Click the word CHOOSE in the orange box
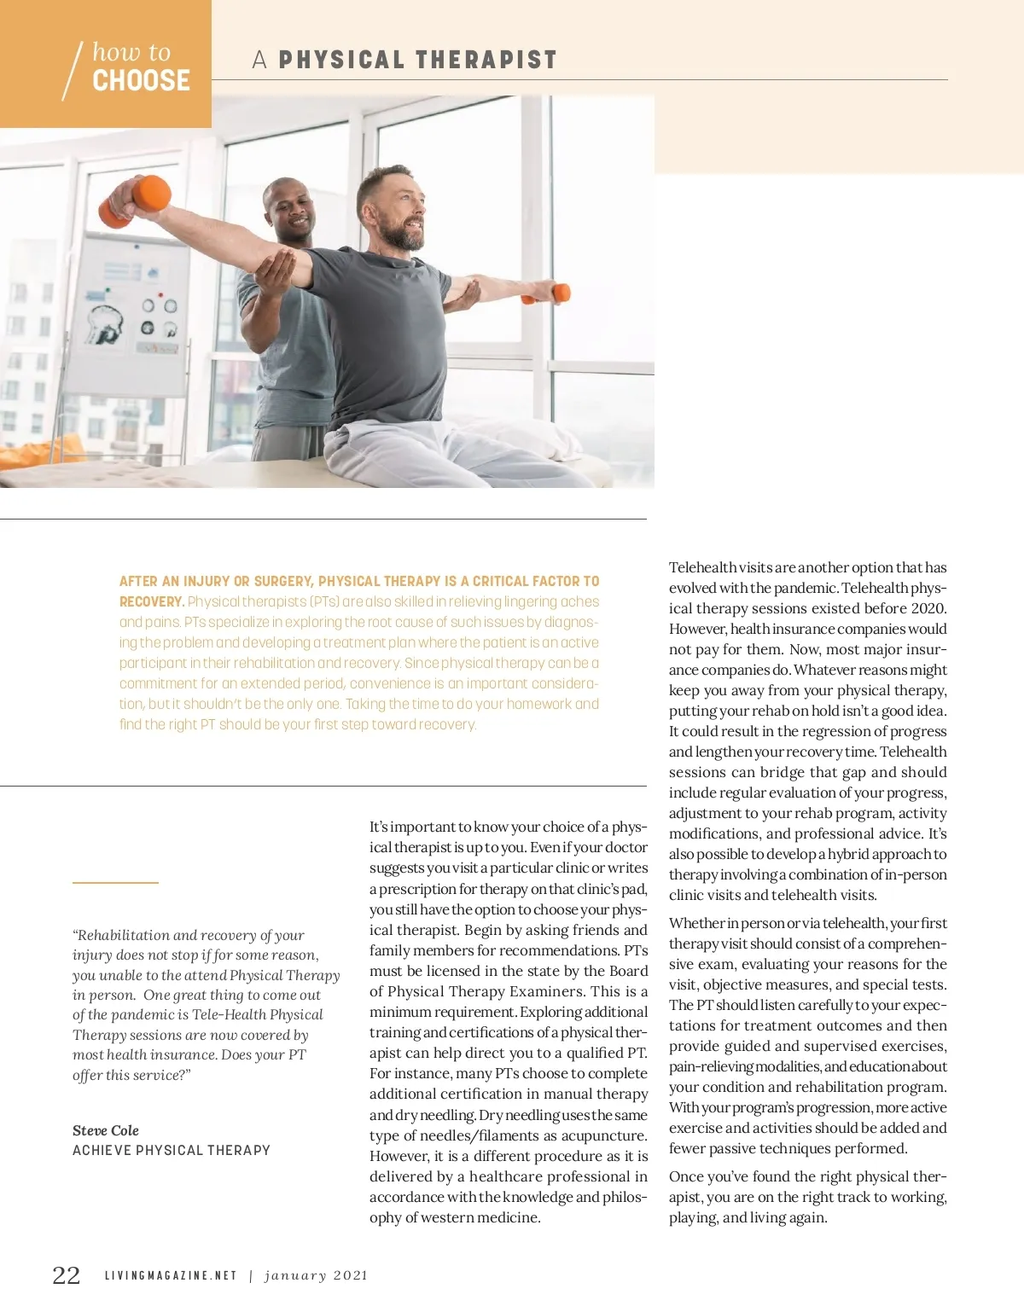141,81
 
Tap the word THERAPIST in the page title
486,60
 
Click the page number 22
67,1275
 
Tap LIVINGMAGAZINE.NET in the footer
171,1276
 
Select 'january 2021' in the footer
316,1276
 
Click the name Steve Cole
106,1130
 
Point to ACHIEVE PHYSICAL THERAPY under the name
171,1151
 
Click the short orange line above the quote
115,882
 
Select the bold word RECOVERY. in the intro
152,602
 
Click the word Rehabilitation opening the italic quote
123,936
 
